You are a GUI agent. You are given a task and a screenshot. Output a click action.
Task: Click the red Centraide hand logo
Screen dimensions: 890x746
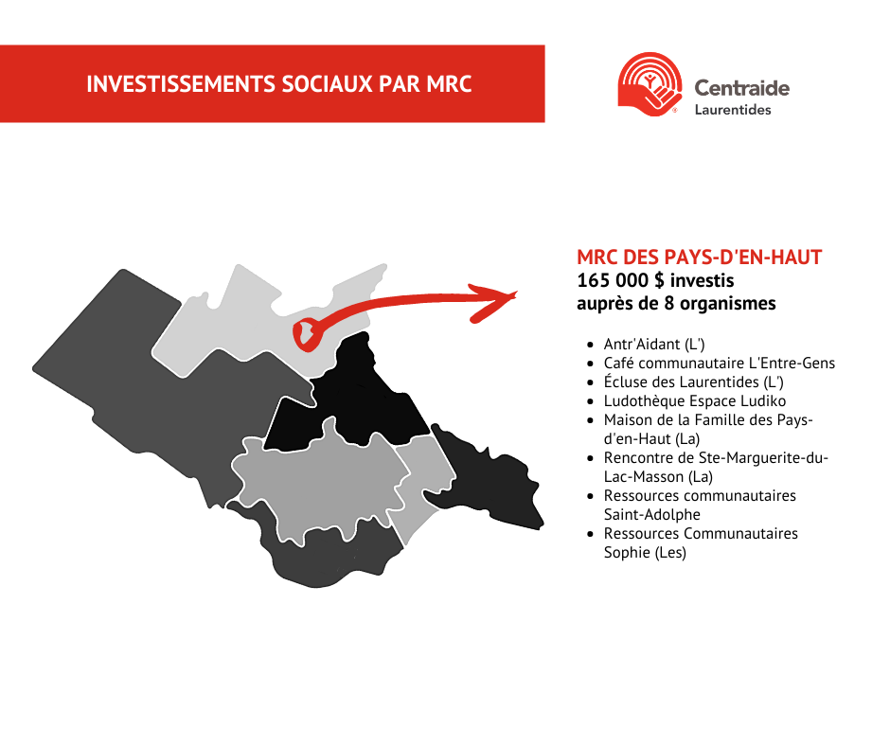click(x=650, y=84)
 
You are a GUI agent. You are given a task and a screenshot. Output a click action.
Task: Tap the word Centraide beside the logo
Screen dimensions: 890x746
click(x=742, y=88)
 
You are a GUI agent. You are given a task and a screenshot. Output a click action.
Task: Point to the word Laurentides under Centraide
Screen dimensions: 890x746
click(x=733, y=110)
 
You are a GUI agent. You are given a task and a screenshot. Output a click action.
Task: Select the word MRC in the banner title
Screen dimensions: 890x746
click(x=449, y=84)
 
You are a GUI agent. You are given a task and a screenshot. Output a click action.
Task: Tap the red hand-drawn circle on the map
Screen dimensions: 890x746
click(x=307, y=335)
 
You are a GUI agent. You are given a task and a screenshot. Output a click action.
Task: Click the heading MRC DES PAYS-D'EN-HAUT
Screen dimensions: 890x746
click(x=700, y=258)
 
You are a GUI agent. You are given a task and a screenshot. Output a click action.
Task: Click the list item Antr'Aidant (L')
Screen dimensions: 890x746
click(x=654, y=344)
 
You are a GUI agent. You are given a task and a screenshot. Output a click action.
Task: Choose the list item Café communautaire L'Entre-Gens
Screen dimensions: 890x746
click(x=720, y=363)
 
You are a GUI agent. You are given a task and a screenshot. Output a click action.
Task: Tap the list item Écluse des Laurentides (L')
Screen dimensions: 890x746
click(x=694, y=382)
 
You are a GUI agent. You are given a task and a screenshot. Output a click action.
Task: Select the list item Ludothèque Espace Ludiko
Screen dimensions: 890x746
click(x=695, y=400)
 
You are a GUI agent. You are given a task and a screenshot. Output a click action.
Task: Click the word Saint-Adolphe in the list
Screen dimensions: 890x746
click(x=652, y=514)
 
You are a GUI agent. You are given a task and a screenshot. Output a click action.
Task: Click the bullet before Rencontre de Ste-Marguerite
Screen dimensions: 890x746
click(x=590, y=458)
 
